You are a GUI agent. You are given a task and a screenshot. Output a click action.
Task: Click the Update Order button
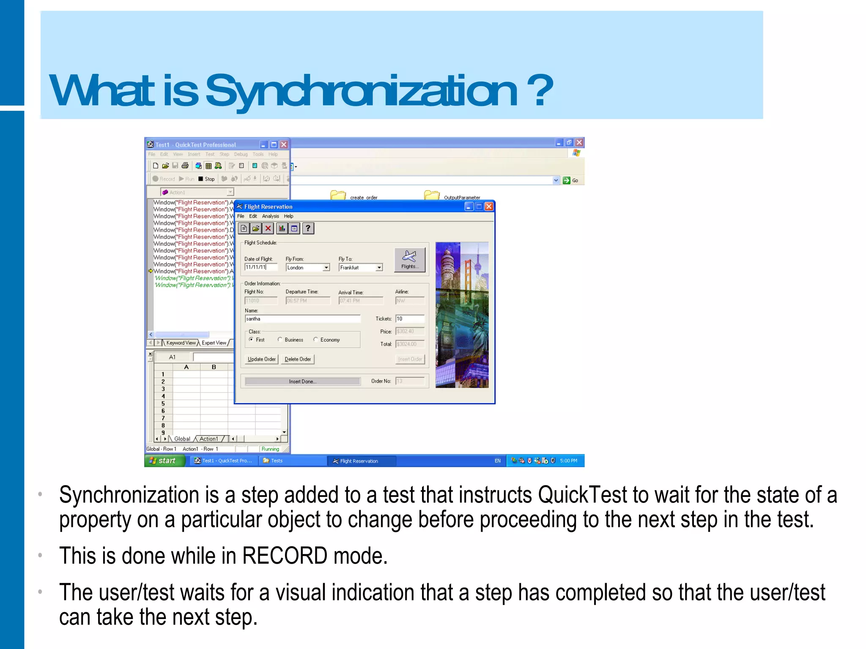tap(261, 359)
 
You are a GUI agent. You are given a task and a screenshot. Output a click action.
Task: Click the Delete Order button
tap(298, 359)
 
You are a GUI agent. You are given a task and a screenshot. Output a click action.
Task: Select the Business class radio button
tap(280, 340)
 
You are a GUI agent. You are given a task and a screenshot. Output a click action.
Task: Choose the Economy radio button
tap(315, 340)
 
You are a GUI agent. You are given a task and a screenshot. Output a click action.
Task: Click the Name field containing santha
tap(302, 319)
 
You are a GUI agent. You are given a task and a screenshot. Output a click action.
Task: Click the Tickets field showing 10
tap(409, 319)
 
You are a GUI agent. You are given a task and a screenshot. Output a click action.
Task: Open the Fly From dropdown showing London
tap(326, 268)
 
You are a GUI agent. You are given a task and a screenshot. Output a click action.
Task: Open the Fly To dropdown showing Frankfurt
tap(379, 268)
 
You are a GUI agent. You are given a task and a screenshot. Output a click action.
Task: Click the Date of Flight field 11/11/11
tap(260, 267)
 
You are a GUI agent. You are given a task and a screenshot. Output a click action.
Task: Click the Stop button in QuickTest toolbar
tap(206, 179)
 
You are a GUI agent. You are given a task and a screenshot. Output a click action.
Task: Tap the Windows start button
tap(165, 461)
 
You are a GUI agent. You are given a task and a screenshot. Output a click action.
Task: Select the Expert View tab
tap(214, 343)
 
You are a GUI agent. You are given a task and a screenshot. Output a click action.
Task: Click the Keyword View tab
tap(181, 343)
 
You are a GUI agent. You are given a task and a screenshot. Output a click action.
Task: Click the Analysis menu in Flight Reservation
tap(270, 216)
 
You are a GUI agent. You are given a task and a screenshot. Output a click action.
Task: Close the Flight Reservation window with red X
tap(489, 207)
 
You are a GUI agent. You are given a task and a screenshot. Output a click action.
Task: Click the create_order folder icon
tap(338, 195)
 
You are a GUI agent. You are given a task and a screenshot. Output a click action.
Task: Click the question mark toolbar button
tap(308, 229)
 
